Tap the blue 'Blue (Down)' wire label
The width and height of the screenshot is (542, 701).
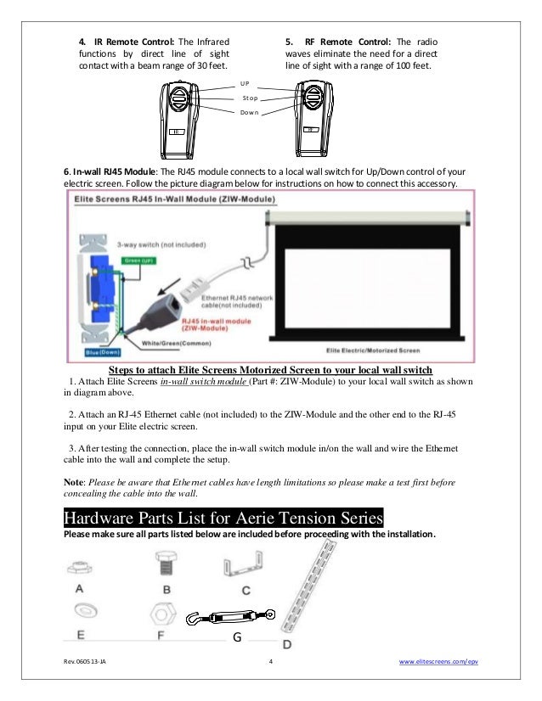(x=102, y=351)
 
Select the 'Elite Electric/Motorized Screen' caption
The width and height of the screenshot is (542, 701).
(x=374, y=350)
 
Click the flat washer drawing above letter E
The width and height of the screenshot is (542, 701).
(x=88, y=609)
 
